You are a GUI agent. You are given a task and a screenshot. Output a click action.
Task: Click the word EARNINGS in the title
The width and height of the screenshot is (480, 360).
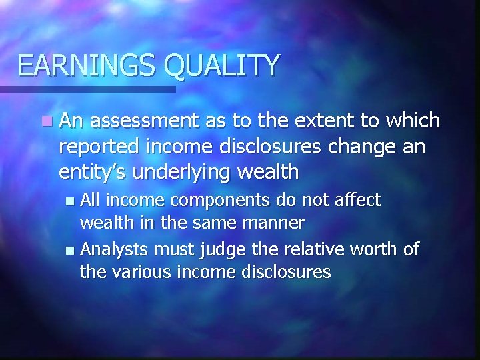click(87, 65)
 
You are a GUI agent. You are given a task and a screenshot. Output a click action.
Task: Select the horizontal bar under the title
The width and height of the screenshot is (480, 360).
click(87, 88)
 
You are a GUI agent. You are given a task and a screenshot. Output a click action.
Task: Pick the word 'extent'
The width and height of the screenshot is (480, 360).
click(305, 121)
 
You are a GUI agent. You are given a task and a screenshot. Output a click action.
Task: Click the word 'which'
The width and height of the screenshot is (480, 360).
click(409, 121)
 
